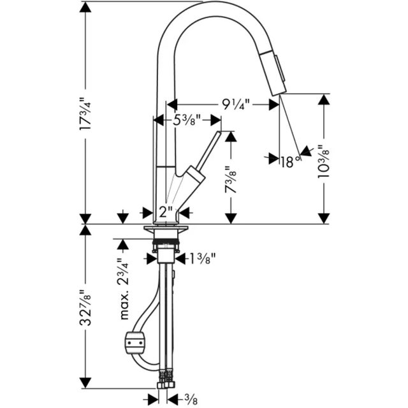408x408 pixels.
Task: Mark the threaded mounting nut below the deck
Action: [167, 242]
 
